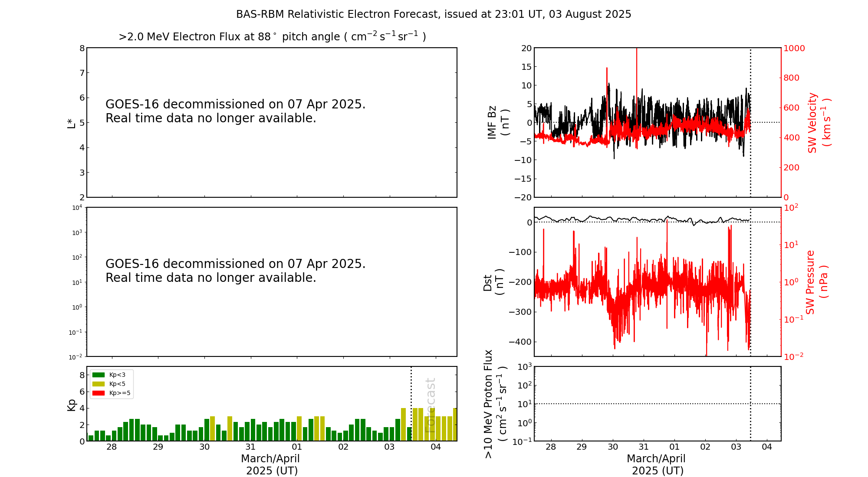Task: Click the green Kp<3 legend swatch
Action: point(99,375)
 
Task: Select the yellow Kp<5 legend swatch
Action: point(99,384)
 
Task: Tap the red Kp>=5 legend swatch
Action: point(99,393)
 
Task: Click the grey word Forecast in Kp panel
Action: point(430,405)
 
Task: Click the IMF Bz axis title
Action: point(498,122)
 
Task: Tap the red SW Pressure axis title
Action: point(816,282)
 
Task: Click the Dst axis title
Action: point(493,282)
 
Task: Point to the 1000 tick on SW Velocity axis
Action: point(794,48)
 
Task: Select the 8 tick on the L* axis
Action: point(82,48)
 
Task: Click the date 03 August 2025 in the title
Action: point(590,14)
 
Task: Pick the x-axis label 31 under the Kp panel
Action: point(250,447)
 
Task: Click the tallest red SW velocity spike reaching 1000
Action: point(637,50)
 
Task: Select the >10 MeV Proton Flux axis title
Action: point(495,404)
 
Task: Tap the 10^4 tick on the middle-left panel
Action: point(77,208)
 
